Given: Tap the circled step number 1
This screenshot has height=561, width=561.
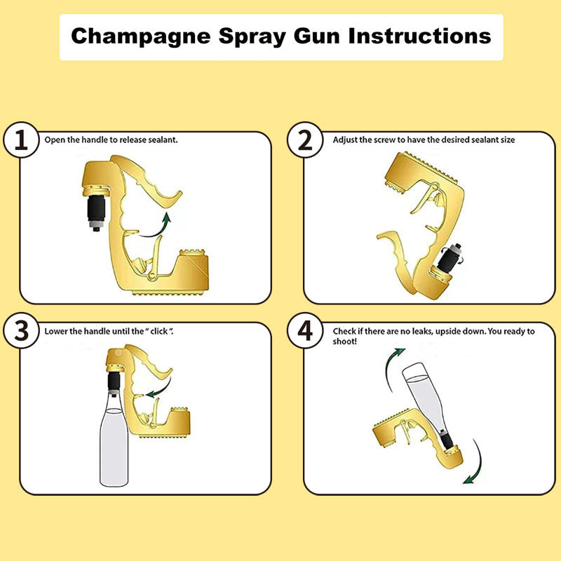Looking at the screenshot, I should tap(22, 140).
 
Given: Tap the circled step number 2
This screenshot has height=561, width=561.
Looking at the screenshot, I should tap(305, 140).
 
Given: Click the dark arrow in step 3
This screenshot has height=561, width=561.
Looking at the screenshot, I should tap(159, 387).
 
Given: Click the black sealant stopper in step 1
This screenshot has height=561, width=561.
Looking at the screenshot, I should tap(96, 208).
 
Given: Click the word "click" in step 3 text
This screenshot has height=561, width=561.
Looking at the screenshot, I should tap(158, 330).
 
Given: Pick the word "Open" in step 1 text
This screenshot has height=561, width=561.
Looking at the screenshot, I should tap(54, 140).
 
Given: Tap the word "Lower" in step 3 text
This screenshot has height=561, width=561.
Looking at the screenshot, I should tap(55, 330).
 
